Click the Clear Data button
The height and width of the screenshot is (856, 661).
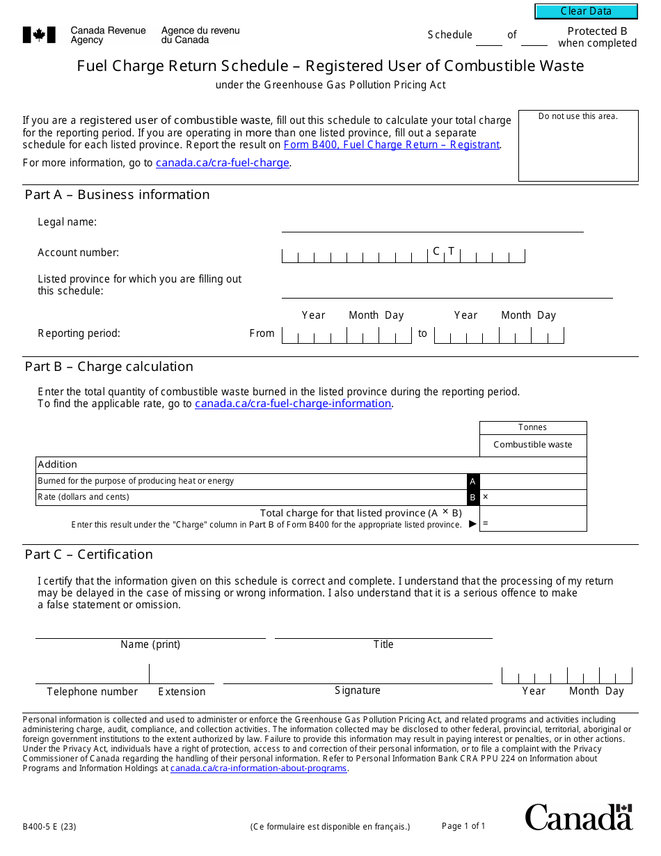pyautogui.click(x=586, y=11)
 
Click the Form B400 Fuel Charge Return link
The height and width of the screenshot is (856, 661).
pyautogui.click(x=391, y=145)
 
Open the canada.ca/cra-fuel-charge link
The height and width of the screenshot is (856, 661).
pyautogui.click(x=223, y=163)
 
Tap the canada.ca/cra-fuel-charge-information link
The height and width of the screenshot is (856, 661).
pyautogui.click(x=293, y=404)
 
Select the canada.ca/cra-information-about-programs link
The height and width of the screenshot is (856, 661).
pyautogui.click(x=258, y=768)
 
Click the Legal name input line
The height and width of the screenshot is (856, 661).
pyautogui.click(x=432, y=224)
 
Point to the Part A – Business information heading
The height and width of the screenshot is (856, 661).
pyautogui.click(x=117, y=195)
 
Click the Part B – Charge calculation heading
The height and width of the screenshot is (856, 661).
pyautogui.click(x=109, y=367)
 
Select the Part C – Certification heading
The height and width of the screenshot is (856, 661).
pyautogui.click(x=89, y=555)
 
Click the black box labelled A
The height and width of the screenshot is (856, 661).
pyautogui.click(x=473, y=482)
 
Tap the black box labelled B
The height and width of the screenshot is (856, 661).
pyautogui.click(x=473, y=498)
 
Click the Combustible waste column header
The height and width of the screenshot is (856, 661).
pyautogui.click(x=533, y=445)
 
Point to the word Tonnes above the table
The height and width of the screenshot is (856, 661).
pyautogui.click(x=533, y=427)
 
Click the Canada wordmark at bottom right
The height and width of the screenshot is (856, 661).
pyautogui.click(x=579, y=817)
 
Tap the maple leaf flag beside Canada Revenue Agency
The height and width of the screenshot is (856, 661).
pyautogui.click(x=34, y=35)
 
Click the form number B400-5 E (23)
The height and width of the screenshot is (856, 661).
pyautogui.click(x=49, y=827)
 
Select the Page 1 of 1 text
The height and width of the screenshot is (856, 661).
pyautogui.click(x=463, y=826)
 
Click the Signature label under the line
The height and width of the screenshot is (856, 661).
pyautogui.click(x=358, y=690)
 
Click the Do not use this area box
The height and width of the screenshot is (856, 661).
pyautogui.click(x=578, y=145)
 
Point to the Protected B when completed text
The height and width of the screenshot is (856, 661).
pyautogui.click(x=597, y=37)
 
